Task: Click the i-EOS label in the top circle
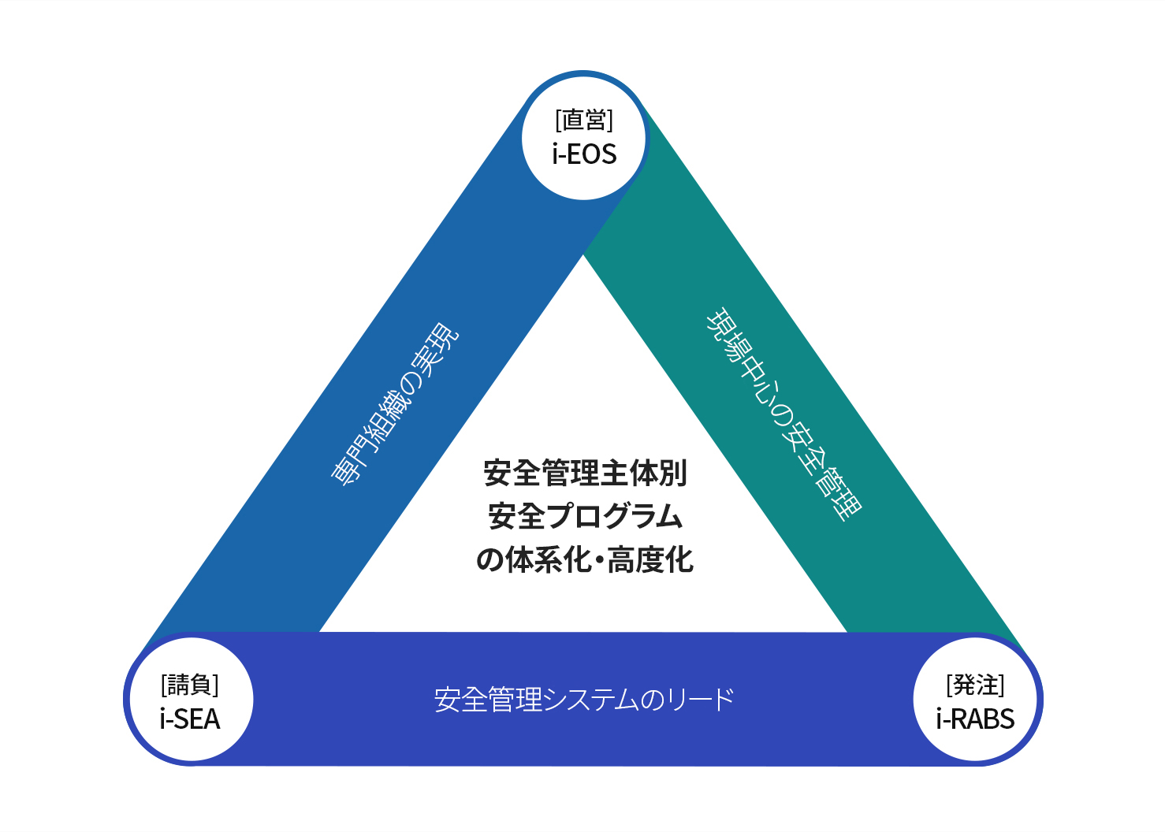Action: click(584, 154)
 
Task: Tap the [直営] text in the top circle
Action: click(584, 121)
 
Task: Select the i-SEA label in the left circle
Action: click(189, 719)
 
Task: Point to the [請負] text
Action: click(189, 685)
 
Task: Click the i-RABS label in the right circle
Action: click(975, 719)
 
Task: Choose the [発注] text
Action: click(975, 685)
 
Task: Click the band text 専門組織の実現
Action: click(394, 404)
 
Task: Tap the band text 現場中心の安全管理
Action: click(783, 414)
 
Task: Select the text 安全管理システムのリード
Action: click(584, 700)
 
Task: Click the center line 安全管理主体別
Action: click(585, 473)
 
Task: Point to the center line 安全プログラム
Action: click(585, 516)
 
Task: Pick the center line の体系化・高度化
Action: click(585, 560)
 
